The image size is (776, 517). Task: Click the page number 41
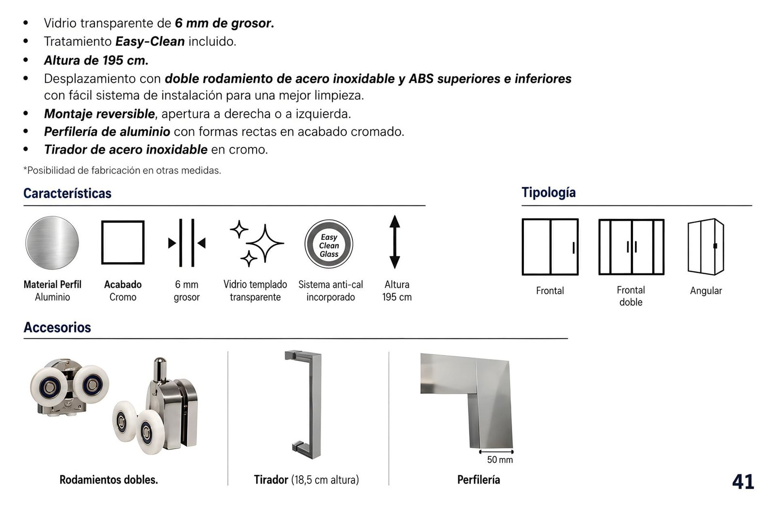coord(743,481)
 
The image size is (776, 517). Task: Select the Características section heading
coord(67,193)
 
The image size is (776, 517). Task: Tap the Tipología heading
coord(549,192)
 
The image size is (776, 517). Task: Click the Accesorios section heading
coord(57,327)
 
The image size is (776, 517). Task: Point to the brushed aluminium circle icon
coord(52,243)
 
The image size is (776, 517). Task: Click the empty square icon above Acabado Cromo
coord(123,243)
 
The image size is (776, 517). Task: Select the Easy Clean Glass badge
coord(329,244)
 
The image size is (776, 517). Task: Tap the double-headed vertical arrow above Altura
coord(395,242)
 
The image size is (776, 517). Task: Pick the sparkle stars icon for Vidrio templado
coord(257,243)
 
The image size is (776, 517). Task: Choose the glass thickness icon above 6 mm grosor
coord(187,243)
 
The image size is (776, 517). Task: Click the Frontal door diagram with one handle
coord(550,247)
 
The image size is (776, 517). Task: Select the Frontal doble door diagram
coord(631,247)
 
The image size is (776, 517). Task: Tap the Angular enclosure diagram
coord(706,247)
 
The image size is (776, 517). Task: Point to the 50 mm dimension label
coord(500,459)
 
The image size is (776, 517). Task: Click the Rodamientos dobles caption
coord(109,480)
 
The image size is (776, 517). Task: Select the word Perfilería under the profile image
coord(478,480)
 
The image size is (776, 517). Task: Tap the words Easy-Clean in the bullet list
coord(150,42)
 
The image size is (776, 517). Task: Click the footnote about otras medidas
coord(122,170)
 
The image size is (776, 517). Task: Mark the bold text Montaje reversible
coord(99,114)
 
